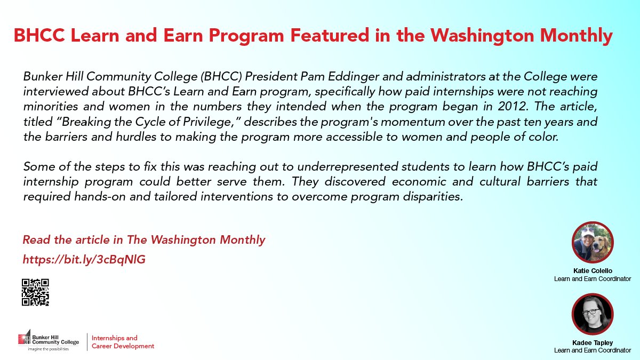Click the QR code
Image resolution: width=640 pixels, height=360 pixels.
(x=35, y=292)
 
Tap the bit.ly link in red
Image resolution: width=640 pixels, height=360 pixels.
(x=84, y=260)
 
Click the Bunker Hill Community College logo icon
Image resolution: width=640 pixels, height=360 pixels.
(x=25, y=338)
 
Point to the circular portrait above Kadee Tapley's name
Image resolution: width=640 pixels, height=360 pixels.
(x=593, y=314)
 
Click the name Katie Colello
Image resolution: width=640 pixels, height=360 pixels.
(x=593, y=271)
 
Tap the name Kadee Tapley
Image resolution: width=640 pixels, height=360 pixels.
(x=593, y=342)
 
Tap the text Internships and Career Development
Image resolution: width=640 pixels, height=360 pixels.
(x=123, y=342)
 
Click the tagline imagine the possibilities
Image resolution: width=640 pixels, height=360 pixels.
(x=49, y=349)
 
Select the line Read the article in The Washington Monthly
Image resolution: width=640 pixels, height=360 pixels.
(x=143, y=240)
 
